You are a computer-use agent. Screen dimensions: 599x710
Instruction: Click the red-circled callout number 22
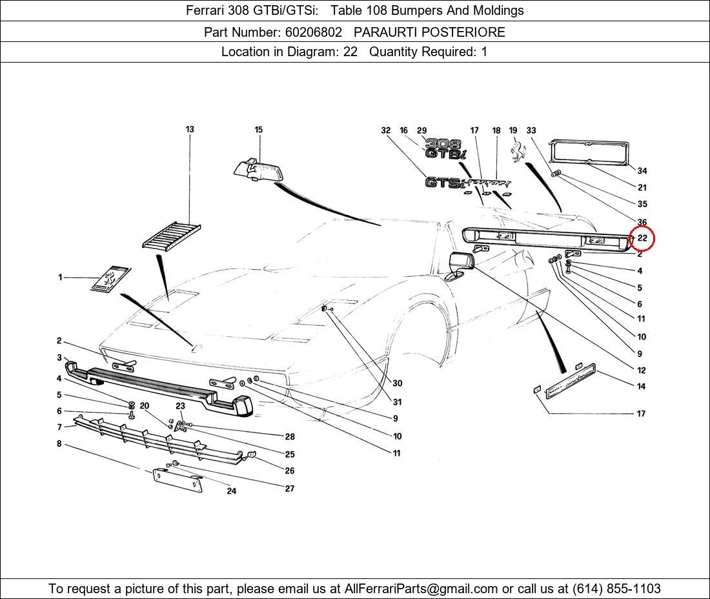point(642,238)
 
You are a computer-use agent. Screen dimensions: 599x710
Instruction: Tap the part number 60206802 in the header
point(312,32)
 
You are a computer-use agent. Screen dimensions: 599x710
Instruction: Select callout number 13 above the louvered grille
point(190,129)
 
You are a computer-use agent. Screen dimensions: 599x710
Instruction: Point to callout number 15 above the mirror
point(258,130)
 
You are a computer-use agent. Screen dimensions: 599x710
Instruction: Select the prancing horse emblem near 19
point(516,152)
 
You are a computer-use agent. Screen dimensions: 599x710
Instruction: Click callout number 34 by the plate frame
point(642,171)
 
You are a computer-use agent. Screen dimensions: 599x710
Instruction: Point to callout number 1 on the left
point(60,278)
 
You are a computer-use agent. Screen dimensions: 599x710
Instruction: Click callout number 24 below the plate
point(231,491)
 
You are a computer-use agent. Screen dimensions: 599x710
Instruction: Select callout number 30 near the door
point(397,383)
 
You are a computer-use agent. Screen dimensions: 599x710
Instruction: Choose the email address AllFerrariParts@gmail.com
point(421,589)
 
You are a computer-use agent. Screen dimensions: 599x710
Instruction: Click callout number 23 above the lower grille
point(180,406)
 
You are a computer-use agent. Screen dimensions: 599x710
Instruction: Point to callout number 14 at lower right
point(641,387)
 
